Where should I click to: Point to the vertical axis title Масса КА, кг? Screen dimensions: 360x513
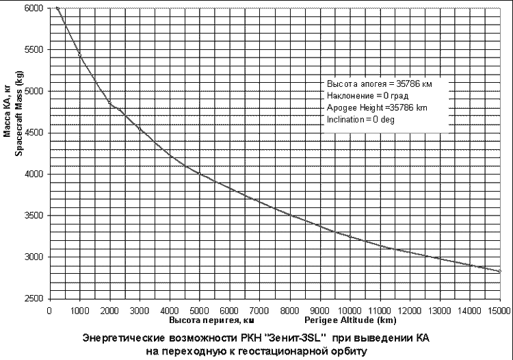click(8, 116)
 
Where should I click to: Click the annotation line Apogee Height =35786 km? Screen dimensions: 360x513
click(378, 107)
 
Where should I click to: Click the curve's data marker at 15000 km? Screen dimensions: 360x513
click(500, 271)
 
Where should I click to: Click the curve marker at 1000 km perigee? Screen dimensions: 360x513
click(79, 54)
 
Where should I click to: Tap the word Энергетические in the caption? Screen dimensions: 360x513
click(120, 339)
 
